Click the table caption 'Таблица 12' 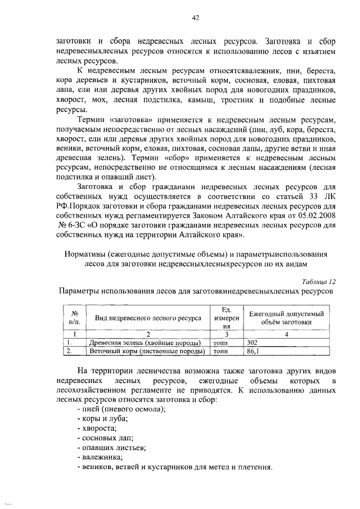(317, 282)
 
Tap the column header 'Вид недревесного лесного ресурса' (148, 318)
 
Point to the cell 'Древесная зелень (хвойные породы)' (145, 343)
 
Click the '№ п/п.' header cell (74, 318)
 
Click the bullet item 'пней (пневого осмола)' (120, 409)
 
